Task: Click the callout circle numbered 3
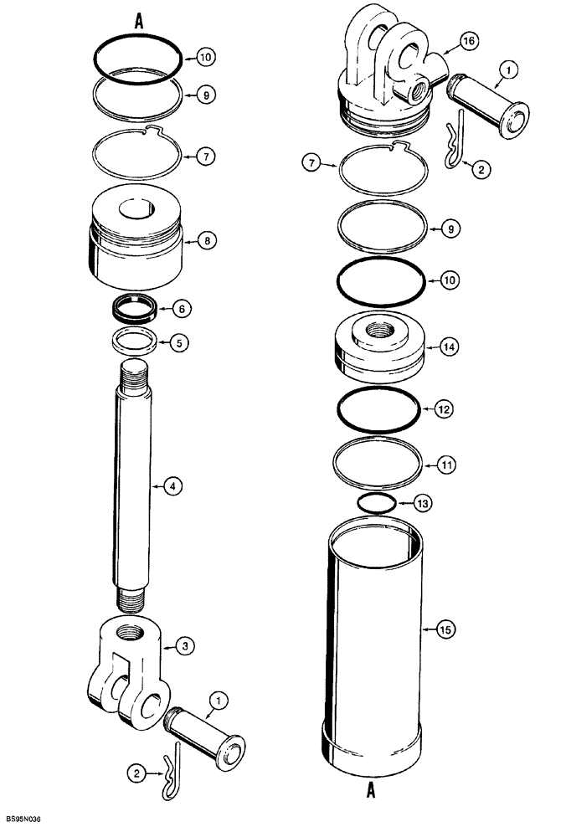pyautogui.click(x=185, y=644)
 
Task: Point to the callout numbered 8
pyautogui.click(x=207, y=240)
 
